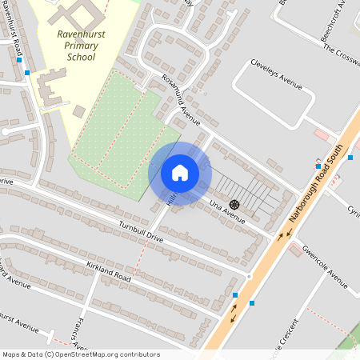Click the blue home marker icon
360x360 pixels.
(x=180, y=173)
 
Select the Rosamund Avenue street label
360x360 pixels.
(x=179, y=100)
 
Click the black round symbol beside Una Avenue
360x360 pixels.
(x=234, y=204)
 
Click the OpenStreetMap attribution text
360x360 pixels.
(x=81, y=354)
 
